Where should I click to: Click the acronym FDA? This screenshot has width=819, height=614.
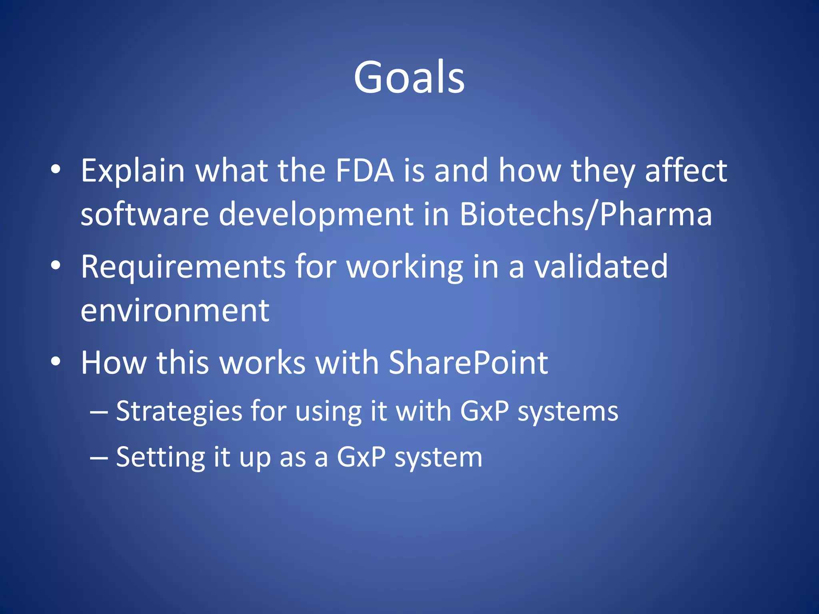click(364, 171)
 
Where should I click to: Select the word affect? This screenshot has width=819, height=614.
click(686, 171)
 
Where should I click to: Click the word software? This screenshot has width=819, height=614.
click(144, 215)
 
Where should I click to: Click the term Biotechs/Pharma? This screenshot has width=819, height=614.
click(585, 215)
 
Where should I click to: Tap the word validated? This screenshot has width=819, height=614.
click(601, 267)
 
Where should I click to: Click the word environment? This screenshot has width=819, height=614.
click(175, 311)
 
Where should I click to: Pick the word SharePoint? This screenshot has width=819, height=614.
click(468, 363)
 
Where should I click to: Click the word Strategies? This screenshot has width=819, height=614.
click(179, 412)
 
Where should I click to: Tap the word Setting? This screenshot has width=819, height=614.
click(160, 458)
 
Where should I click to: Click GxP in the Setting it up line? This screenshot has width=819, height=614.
click(361, 457)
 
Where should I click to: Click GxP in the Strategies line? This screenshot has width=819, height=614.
click(484, 411)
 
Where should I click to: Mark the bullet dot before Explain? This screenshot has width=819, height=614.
click(56, 169)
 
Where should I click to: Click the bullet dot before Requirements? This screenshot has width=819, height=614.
click(56, 265)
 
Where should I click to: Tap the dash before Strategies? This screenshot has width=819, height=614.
click(98, 412)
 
